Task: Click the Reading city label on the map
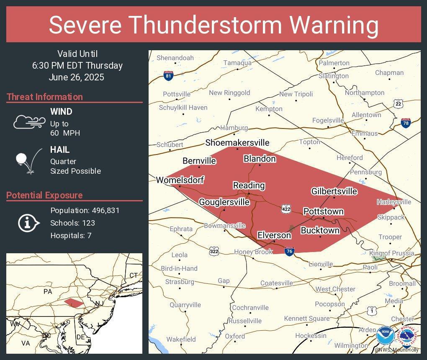249,185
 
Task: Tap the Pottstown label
323,211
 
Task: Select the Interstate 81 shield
168,76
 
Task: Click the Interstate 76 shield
289,251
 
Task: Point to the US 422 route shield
286,208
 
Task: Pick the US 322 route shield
214,251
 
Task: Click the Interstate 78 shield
406,123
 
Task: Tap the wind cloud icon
28,122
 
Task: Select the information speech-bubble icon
28,223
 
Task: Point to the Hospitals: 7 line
71,235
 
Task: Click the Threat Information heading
45,97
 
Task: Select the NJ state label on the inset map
99,303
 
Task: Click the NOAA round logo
385,335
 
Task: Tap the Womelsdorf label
180,180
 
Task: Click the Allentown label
366,115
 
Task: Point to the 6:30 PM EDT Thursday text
77,65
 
